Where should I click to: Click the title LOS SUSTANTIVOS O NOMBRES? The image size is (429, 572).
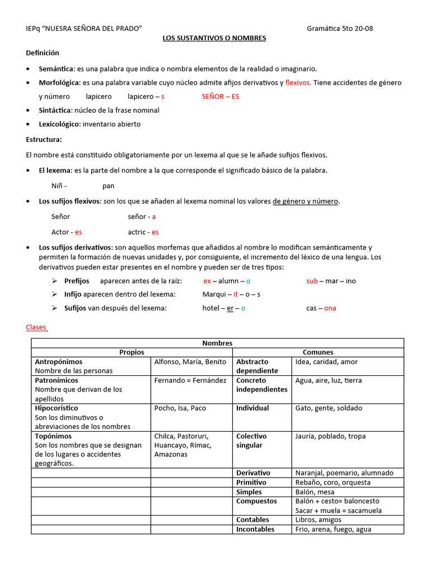tap(214, 38)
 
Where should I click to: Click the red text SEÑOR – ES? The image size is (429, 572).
tap(220, 96)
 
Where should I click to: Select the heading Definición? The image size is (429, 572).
tap(42, 53)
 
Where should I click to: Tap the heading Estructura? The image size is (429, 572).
tap(44, 139)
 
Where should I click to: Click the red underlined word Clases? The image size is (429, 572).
tap(37, 327)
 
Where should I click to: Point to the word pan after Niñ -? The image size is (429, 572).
tap(108, 185)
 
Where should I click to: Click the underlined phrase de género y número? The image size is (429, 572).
tap(306, 201)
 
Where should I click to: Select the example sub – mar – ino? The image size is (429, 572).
tap(331, 281)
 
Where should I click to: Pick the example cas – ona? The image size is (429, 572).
tap(321, 308)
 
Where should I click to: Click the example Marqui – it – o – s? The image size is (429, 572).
tap(231, 294)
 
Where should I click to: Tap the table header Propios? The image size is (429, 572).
tap(132, 352)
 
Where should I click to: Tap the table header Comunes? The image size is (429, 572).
tap(318, 352)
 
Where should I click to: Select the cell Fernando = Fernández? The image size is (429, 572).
tap(190, 380)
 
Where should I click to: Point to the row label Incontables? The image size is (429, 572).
tap(255, 529)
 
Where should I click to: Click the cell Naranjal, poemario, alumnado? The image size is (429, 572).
tap(344, 473)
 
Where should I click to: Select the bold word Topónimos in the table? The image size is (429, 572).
tap(54, 436)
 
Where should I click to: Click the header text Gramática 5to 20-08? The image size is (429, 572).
tap(340, 28)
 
